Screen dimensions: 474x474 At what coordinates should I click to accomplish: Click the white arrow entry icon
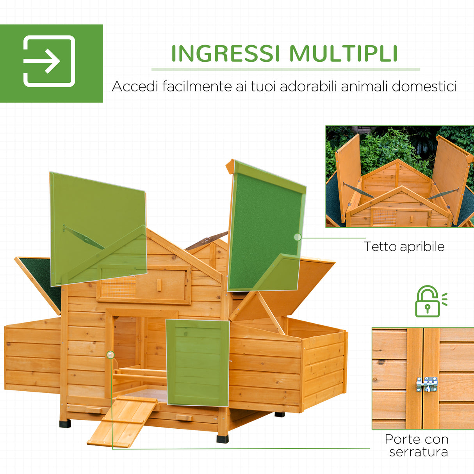[x=49, y=61]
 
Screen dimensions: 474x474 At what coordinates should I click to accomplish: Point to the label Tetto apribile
[x=404, y=246]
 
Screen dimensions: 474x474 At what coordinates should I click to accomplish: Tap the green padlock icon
[x=428, y=301]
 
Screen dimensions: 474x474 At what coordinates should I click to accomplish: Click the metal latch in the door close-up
[x=426, y=384]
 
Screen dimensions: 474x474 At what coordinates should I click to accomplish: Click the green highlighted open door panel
[x=198, y=362]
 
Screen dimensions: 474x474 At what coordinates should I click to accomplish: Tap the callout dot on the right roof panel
[x=298, y=237]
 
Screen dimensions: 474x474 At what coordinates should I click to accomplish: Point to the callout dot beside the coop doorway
[x=110, y=355]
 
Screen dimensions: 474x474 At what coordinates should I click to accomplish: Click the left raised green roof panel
[x=98, y=228]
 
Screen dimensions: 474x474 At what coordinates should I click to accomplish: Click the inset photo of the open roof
[x=399, y=176]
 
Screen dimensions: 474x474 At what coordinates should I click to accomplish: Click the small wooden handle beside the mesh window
[x=159, y=285]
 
